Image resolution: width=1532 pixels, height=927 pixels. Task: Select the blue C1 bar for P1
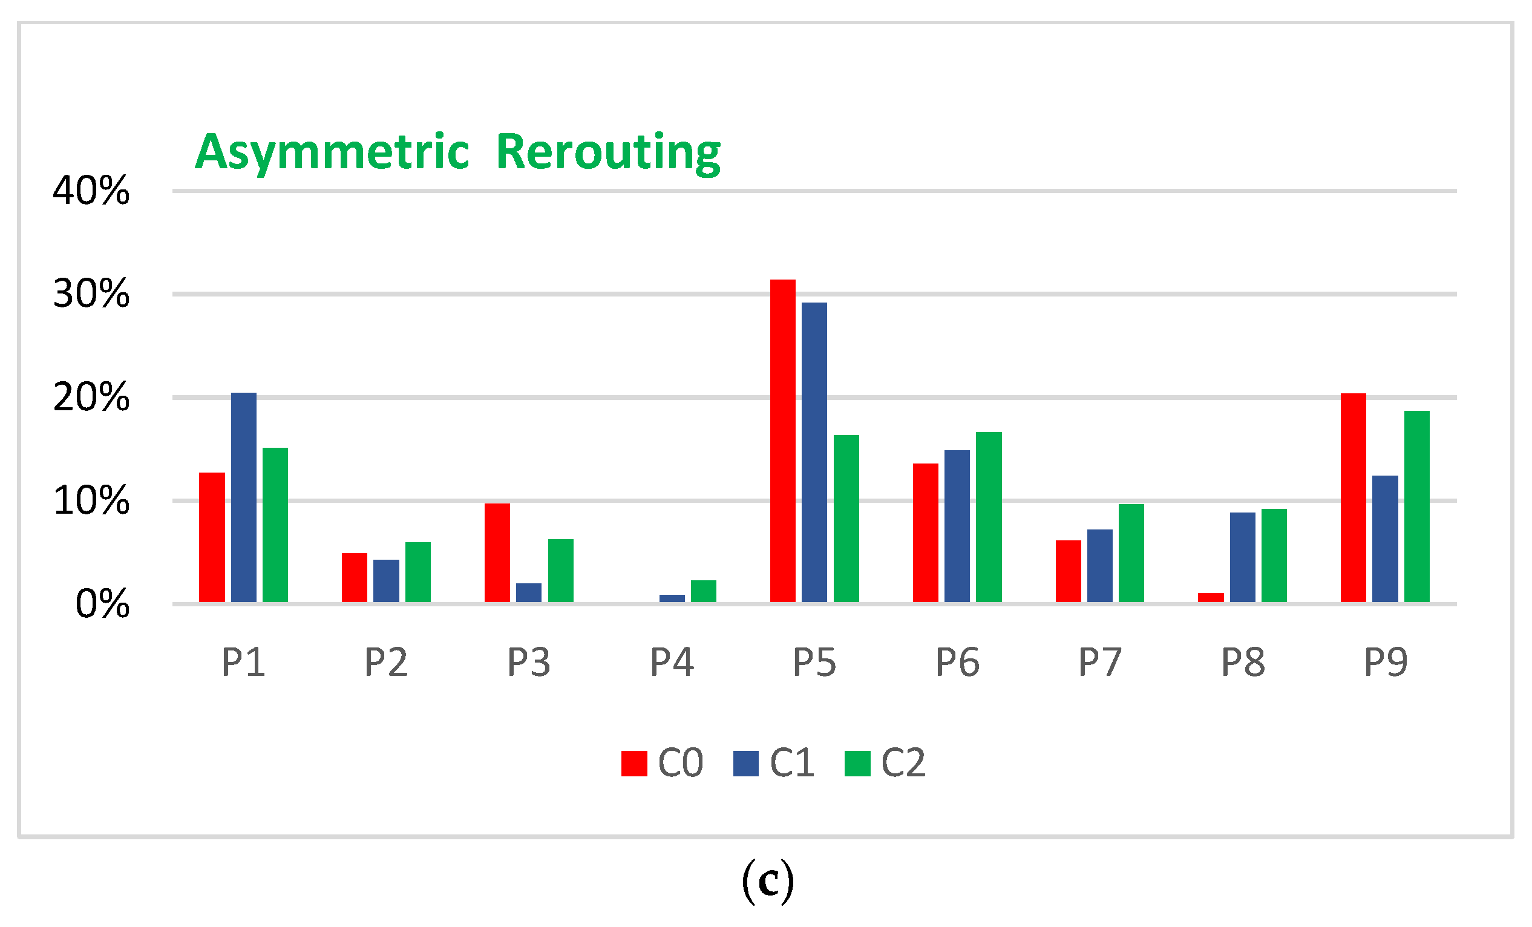244,497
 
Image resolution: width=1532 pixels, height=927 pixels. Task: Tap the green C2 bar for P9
1417,506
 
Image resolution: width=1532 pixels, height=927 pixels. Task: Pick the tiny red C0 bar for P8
1211,597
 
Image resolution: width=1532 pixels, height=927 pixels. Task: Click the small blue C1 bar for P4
672,598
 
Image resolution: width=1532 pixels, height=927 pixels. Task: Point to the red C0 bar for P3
497,552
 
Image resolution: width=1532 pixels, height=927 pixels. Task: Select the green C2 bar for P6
989,517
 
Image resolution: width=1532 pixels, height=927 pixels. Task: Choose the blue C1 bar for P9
1385,539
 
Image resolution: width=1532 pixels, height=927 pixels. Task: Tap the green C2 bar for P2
418,572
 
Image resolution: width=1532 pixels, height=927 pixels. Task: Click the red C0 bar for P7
1068,571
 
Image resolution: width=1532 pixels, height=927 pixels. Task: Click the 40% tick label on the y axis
91,191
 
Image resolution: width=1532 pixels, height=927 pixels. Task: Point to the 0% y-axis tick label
103,604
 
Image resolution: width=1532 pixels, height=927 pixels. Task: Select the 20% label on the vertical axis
91,398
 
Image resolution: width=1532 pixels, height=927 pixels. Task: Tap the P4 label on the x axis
672,663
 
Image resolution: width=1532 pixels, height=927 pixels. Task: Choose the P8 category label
1243,663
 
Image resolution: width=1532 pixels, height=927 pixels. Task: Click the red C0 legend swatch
634,764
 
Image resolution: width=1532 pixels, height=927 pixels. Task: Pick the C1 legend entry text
792,763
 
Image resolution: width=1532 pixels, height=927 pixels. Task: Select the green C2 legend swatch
857,764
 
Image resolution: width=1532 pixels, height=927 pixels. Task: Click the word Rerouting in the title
608,152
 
